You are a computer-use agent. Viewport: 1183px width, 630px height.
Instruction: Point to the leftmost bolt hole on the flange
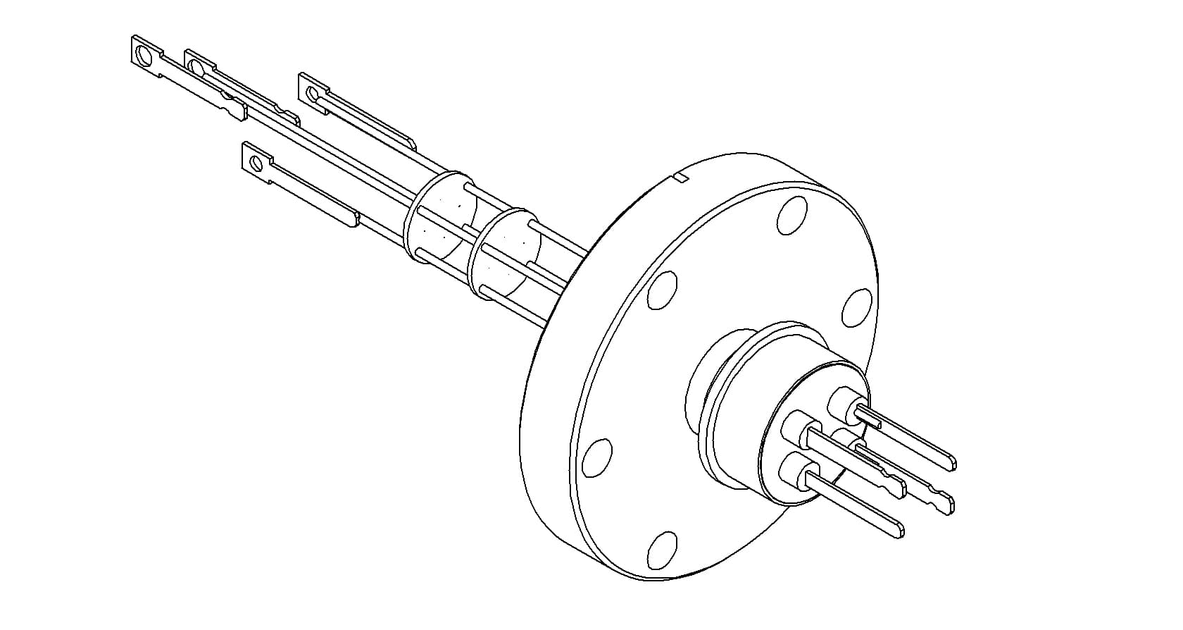597,457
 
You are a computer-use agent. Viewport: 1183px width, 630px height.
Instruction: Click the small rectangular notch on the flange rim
680,177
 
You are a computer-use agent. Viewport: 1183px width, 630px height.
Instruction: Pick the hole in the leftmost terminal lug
143,54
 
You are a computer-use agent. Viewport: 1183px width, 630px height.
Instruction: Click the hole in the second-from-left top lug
196,67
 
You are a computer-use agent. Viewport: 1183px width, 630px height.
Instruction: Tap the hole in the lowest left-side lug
256,164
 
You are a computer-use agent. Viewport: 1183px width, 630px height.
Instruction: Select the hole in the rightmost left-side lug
312,92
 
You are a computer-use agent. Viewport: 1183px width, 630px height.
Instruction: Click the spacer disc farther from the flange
437,218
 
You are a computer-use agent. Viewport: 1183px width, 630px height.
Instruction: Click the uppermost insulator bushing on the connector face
842,402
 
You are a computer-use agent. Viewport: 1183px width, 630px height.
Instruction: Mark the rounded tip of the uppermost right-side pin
951,462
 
